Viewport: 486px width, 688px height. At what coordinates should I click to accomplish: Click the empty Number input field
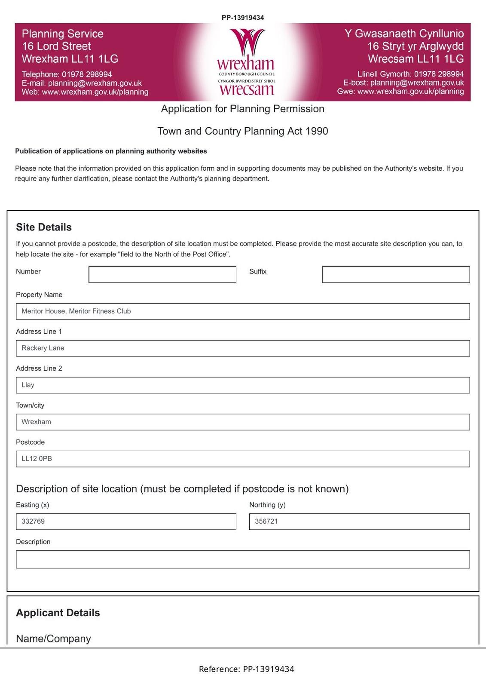pos(162,274)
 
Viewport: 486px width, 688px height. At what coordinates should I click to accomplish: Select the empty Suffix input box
pos(395,274)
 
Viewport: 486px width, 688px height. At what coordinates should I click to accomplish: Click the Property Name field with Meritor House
pos(242,311)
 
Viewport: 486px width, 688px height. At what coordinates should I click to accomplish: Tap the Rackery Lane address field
pos(242,348)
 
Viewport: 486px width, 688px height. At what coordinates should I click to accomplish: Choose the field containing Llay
pos(242,385)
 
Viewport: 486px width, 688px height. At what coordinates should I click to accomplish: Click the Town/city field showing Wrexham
pos(242,422)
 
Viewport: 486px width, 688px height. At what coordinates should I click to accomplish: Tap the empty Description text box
pos(242,559)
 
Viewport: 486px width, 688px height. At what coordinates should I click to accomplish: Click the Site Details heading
pos(44,227)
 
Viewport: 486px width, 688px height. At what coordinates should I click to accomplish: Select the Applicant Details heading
pos(58,613)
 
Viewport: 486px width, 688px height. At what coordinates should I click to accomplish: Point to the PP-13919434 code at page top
pos(243,18)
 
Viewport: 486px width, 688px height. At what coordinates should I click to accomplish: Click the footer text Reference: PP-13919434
pos(246,669)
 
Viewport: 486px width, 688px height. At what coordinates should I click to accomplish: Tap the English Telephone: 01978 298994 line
pos(67,74)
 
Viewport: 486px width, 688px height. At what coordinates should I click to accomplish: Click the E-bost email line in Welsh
pos(403,83)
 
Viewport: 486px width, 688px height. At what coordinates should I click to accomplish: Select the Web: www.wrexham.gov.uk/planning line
pos(85,92)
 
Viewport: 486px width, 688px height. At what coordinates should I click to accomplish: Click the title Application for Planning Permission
pos(242,109)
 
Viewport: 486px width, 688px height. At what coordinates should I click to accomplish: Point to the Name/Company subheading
pos(53,639)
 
